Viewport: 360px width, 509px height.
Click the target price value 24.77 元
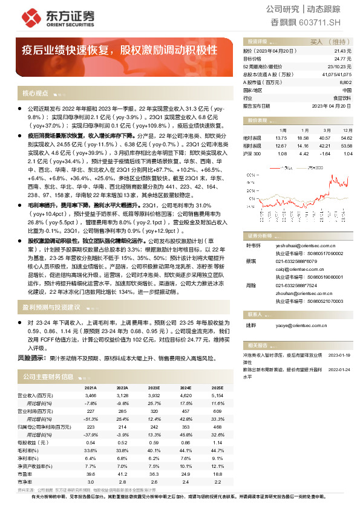coord(342,59)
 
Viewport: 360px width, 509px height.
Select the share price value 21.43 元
coord(342,52)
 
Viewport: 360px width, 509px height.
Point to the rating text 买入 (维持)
coord(327,42)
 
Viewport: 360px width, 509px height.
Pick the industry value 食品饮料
coord(342,97)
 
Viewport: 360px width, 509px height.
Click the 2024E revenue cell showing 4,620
coord(185,394)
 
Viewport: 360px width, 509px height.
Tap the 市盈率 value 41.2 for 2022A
coord(122,475)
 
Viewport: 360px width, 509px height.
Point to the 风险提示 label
coord(33,358)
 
